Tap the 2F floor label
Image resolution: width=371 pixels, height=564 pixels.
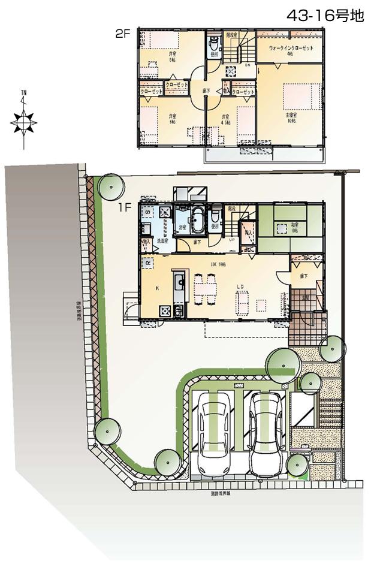tap(123, 34)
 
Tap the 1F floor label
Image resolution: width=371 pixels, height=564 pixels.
tap(124, 209)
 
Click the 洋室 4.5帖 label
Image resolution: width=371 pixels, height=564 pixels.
tap(225, 119)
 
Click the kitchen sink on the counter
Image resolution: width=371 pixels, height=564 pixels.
tap(179, 281)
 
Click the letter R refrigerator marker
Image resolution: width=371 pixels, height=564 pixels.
tap(147, 262)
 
